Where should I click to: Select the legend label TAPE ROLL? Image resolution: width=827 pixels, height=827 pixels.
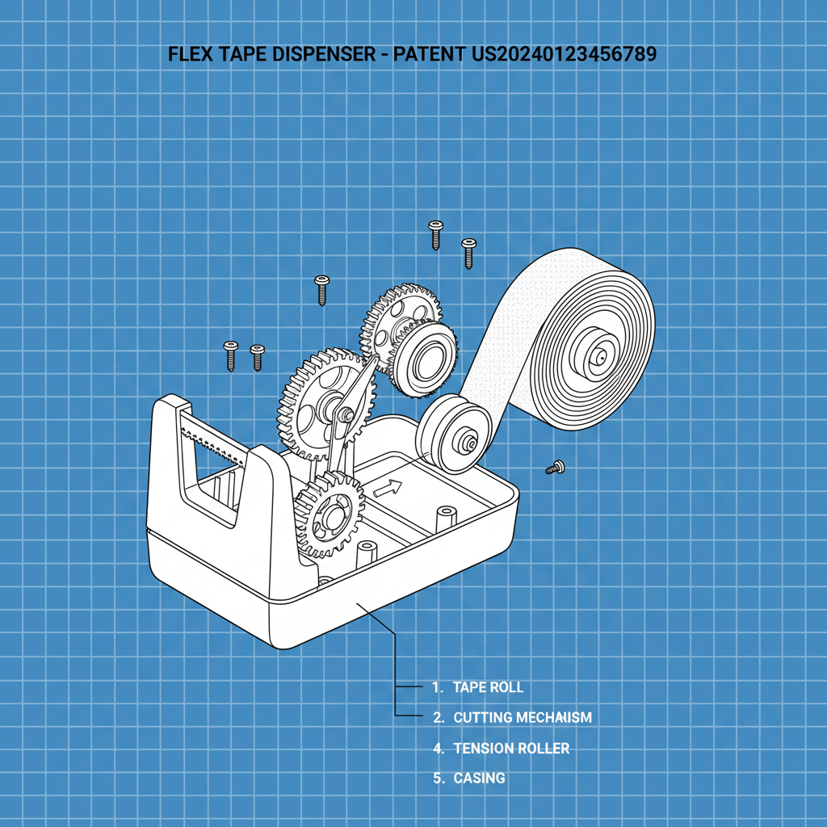[488, 687]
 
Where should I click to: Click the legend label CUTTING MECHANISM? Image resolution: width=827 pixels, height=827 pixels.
[522, 717]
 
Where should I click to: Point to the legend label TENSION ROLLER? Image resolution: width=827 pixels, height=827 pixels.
[511, 749]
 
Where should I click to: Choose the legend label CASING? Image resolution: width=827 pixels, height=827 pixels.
[479, 779]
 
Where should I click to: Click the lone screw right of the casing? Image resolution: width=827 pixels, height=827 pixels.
[553, 468]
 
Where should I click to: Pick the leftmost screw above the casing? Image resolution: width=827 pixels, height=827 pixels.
[230, 354]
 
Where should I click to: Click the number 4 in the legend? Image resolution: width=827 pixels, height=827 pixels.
[439, 749]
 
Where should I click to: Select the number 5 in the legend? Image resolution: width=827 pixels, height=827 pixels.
[439, 779]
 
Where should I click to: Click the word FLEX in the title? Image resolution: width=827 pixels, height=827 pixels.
[187, 55]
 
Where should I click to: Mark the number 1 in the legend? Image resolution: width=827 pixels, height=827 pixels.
[437, 687]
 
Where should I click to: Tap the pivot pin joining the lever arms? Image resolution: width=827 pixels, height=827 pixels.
[346, 413]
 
